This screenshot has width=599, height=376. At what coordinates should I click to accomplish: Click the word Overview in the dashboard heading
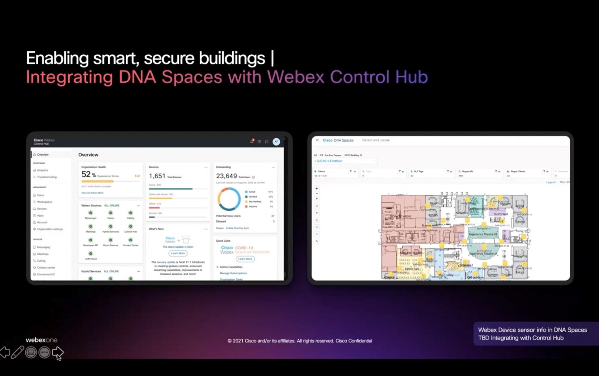(88, 155)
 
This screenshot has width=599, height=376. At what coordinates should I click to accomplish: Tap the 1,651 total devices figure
(157, 176)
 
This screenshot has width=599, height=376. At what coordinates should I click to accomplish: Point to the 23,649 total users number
(227, 176)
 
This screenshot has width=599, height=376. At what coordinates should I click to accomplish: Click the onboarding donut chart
(229, 199)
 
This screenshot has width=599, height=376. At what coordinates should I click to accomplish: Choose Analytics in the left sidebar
(43, 170)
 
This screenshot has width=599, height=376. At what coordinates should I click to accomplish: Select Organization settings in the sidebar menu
(50, 229)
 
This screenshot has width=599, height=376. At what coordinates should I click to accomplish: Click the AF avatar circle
(276, 142)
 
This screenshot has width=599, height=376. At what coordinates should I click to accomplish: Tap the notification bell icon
(252, 141)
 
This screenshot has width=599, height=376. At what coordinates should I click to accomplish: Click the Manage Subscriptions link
(233, 273)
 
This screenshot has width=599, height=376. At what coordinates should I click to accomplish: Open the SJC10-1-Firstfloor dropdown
(345, 161)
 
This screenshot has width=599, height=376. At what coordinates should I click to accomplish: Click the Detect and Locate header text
(376, 140)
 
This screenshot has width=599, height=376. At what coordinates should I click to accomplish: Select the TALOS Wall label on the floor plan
(500, 214)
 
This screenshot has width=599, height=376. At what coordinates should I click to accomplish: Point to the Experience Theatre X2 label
(483, 234)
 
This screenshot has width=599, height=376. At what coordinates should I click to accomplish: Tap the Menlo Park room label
(412, 269)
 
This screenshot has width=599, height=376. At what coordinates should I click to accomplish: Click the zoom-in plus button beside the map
(317, 189)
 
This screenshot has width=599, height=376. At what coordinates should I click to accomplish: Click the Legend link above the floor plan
(551, 182)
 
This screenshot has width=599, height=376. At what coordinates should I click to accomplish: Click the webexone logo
(41, 340)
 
